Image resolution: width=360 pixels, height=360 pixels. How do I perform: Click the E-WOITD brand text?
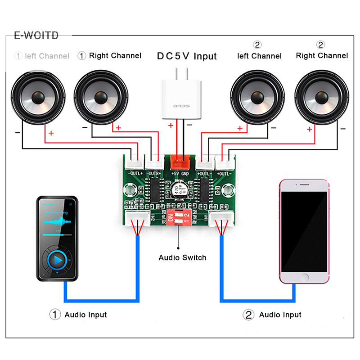click(36, 36)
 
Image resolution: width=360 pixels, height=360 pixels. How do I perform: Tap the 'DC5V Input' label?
click(187, 56)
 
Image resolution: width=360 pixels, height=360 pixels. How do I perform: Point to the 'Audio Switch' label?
click(182, 258)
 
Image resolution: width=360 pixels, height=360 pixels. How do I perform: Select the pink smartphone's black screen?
click(304, 232)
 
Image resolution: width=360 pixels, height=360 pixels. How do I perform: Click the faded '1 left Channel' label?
click(42, 56)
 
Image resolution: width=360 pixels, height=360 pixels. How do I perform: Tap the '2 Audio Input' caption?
click(272, 315)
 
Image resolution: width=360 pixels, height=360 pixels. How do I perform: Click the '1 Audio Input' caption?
click(78, 315)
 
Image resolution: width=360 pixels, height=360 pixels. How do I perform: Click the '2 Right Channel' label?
click(321, 55)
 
